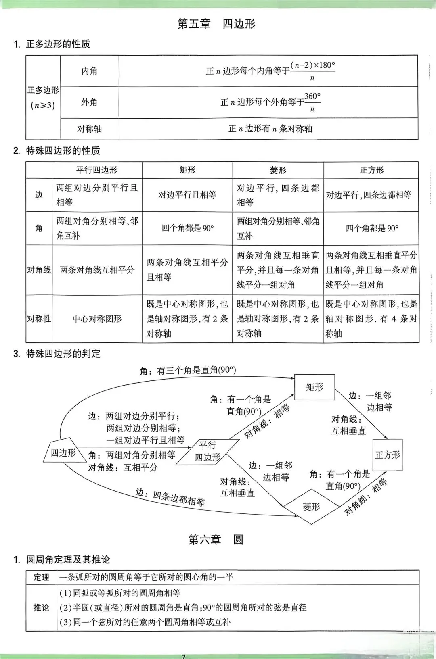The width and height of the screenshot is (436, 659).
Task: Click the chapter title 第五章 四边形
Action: [x=216, y=24]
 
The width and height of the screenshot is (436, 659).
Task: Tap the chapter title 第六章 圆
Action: [x=216, y=540]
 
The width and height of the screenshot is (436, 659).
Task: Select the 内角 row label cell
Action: [x=89, y=71]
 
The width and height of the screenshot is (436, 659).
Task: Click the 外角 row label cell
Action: [x=89, y=102]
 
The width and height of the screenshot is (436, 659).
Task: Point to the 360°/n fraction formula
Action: [x=312, y=102]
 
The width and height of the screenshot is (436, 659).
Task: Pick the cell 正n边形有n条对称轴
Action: [x=270, y=129]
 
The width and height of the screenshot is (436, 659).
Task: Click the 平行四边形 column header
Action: [x=97, y=170]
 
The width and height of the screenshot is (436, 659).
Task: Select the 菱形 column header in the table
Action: [x=278, y=170]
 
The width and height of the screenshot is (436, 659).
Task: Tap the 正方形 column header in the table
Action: [x=371, y=170]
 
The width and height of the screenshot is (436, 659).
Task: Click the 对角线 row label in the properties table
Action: [x=39, y=270]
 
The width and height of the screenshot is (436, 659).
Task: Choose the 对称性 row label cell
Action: [x=39, y=319]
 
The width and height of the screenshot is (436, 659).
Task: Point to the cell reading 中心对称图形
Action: [x=97, y=319]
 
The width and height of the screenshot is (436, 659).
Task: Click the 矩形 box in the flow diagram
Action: [x=314, y=387]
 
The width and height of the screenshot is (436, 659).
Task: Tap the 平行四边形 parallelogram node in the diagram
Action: [x=208, y=451]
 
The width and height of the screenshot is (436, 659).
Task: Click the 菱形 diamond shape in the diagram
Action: [x=311, y=507]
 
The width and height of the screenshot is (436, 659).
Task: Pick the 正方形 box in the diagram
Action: [x=387, y=455]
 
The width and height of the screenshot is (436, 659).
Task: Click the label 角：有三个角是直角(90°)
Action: [x=188, y=370]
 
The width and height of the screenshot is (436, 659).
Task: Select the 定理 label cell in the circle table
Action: [x=41, y=577]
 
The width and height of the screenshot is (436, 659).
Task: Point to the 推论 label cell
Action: [x=41, y=607]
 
